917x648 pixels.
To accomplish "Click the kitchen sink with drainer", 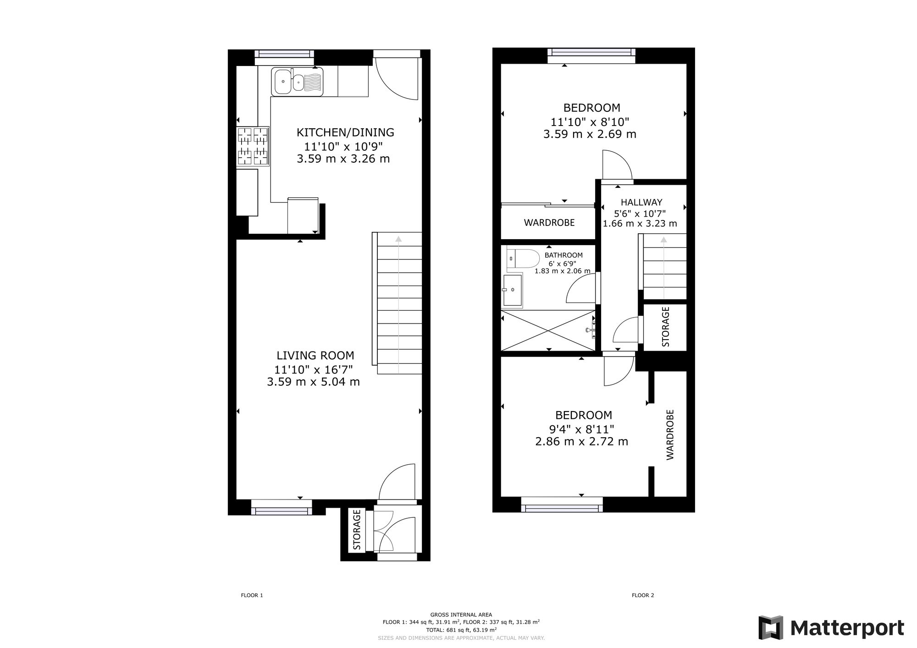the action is point(297,82).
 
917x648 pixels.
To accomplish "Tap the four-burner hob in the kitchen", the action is point(253,146).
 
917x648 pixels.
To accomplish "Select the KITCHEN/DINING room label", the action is point(345,132).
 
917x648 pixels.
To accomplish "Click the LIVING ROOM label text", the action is point(315,355).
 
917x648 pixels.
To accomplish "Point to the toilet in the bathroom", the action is point(523,259).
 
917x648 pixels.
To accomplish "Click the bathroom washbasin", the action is point(513,290).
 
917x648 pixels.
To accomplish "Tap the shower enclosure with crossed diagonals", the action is point(548,330).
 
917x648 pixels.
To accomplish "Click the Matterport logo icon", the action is point(771,628).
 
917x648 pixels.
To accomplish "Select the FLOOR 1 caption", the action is point(252,595).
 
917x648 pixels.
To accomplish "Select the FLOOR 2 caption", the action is point(643,595).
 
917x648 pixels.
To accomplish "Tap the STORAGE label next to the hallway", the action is point(666,327).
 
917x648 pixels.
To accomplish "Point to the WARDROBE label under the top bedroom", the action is point(549,223).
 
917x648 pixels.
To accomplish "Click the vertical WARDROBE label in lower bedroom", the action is point(670,434).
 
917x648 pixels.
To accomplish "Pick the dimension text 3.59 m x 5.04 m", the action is point(313,381).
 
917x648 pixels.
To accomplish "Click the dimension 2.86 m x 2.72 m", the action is point(581,441).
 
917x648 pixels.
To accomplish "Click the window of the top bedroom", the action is point(591,55).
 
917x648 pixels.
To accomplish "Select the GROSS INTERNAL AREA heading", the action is point(461,615).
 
